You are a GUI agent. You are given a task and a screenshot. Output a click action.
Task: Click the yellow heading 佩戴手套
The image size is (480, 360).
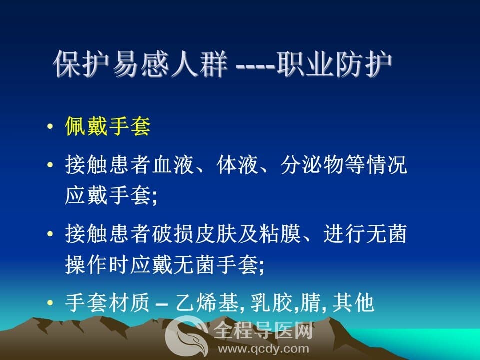click(x=108, y=126)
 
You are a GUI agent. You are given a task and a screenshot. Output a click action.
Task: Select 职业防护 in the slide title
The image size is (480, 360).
click(x=334, y=64)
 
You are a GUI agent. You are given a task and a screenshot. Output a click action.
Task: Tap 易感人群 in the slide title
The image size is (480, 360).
click(x=170, y=64)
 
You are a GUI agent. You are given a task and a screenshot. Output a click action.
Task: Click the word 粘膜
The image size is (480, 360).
click(x=280, y=234)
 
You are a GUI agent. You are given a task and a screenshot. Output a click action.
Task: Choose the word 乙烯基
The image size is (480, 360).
click(x=207, y=303)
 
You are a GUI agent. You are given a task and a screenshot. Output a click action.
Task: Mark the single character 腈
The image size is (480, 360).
click(x=310, y=303)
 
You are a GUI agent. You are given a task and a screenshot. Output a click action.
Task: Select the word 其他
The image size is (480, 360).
click(x=353, y=303)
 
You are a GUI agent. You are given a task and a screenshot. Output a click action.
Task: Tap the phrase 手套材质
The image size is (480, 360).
click(x=107, y=303)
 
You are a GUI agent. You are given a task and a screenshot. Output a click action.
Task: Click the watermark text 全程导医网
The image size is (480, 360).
click(x=264, y=331)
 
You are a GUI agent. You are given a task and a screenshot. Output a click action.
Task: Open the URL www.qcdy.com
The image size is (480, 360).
click(x=264, y=349)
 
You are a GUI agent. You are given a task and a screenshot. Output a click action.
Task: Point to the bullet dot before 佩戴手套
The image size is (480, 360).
click(x=50, y=126)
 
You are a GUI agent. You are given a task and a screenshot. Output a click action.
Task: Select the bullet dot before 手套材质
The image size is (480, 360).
click(x=50, y=303)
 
